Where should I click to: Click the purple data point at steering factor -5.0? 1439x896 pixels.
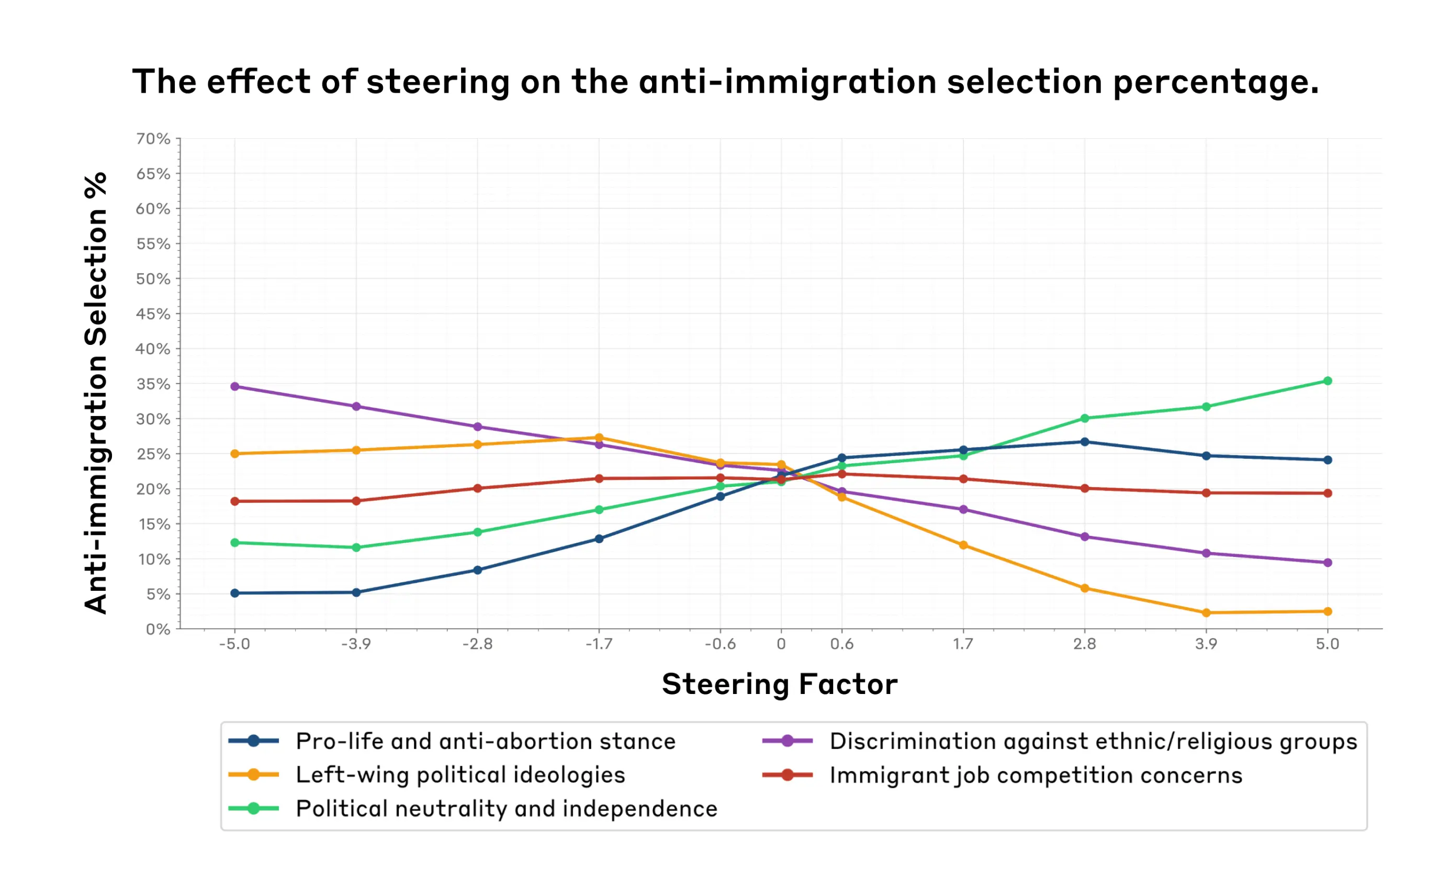pos(234,386)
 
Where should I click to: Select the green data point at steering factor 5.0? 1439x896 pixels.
pos(1327,381)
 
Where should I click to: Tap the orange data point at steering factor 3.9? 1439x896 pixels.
pos(1206,613)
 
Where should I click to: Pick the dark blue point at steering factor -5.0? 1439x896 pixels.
pos(234,593)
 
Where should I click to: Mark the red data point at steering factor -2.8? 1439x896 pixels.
pos(478,488)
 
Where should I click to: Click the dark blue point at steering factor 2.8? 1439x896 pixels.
pos(1084,442)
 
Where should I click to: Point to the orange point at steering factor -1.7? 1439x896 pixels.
pos(599,438)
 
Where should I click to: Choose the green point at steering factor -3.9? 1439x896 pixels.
pos(356,547)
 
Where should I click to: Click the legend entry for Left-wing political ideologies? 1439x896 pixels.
pos(460,775)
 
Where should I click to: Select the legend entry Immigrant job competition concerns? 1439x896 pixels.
pos(1036,775)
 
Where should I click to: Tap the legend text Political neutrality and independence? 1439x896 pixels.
pos(506,809)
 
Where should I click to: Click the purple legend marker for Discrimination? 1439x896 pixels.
pos(788,741)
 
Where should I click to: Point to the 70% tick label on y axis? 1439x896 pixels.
pos(153,139)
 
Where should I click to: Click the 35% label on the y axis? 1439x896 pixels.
pos(153,384)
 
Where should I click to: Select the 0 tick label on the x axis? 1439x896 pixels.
pos(781,644)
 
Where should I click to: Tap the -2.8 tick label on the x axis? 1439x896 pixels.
pos(478,644)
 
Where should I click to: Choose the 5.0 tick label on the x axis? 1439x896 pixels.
pos(1327,644)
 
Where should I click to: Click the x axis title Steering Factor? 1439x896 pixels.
pos(780,685)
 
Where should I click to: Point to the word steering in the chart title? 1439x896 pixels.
pos(438,82)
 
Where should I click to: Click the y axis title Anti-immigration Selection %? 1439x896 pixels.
pos(96,393)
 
